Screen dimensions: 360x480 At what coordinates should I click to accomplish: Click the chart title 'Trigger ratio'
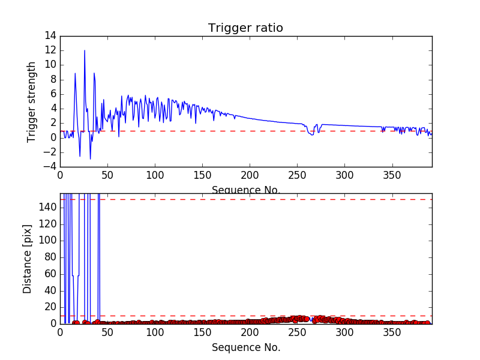pyautogui.click(x=245, y=28)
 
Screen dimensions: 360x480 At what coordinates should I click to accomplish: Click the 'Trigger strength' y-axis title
pyautogui.click(x=32, y=101)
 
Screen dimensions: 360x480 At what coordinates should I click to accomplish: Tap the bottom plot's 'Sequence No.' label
pyautogui.click(x=245, y=347)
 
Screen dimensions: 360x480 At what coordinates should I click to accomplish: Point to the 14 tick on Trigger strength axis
pyautogui.click(x=50, y=36)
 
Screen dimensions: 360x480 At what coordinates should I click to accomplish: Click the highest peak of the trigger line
pyautogui.click(x=85, y=50)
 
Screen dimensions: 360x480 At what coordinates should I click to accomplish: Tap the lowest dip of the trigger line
pyautogui.click(x=91, y=159)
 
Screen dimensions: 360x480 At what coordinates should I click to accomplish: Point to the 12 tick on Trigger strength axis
pyautogui.click(x=50, y=65)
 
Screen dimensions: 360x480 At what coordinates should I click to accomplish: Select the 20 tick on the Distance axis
pyautogui.click(x=50, y=307)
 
